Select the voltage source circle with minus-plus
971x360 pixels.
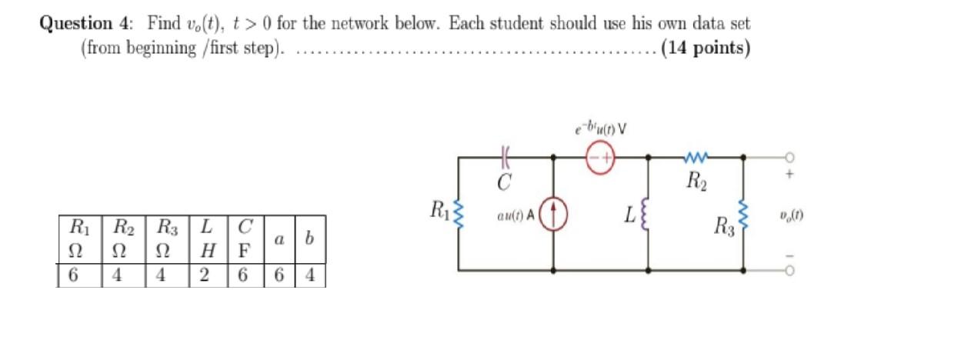(601, 158)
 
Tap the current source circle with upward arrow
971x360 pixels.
(554, 213)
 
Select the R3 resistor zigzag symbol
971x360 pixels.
(743, 214)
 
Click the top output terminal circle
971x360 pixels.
(789, 157)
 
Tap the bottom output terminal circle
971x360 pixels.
(789, 271)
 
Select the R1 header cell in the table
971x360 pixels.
(79, 227)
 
